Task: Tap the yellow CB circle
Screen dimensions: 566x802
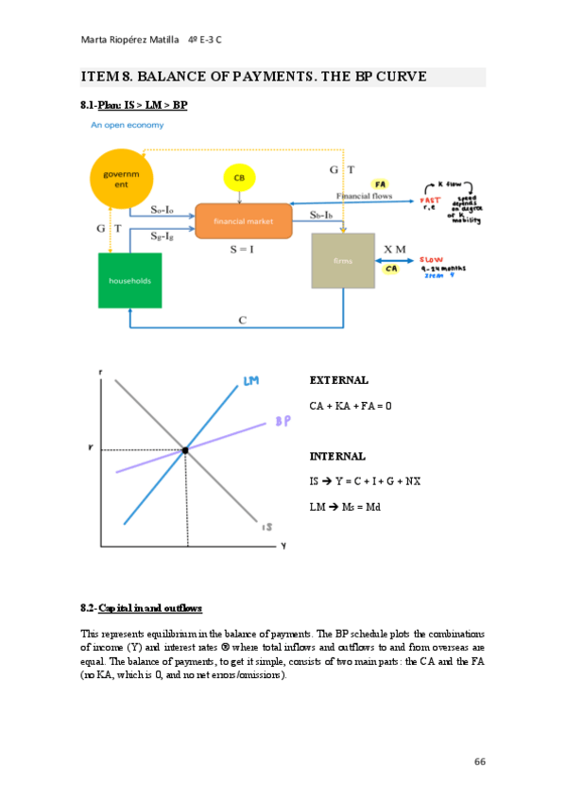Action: pos(240,178)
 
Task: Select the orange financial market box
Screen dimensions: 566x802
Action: pos(243,221)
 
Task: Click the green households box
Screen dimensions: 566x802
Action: pos(129,280)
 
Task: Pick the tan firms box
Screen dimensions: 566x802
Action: pos(343,260)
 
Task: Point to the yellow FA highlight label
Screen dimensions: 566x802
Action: pos(380,184)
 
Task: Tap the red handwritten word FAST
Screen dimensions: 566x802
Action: pos(431,200)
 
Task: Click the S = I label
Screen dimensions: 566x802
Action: pos(244,250)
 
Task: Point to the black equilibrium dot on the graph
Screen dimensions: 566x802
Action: pos(185,451)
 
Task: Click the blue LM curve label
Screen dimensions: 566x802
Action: pos(250,381)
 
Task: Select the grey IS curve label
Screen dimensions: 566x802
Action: pos(267,527)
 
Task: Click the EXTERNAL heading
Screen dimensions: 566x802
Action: pos(338,380)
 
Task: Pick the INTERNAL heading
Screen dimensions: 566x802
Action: pos(337,456)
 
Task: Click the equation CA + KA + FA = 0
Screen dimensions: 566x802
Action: pos(350,405)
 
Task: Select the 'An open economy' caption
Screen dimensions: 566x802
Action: pos(123,125)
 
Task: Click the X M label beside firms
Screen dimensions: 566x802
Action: pos(394,249)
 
